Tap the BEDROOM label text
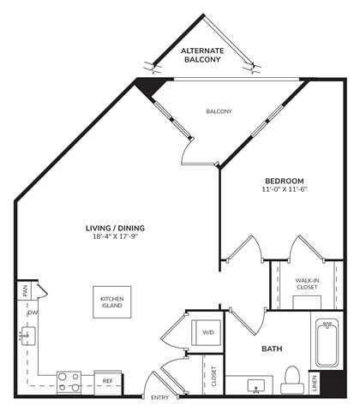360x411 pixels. click(283, 180)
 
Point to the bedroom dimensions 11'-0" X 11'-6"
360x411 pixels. click(283, 189)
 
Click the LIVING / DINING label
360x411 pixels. click(114, 227)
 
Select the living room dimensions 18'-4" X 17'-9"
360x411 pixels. click(114, 236)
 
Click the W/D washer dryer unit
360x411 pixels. click(207, 332)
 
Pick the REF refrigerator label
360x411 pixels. click(107, 379)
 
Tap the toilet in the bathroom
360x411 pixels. click(291, 379)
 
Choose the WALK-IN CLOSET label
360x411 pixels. click(308, 283)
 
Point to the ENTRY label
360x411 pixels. click(159, 398)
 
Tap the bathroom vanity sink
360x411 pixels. click(256, 385)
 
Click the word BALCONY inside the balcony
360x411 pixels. click(219, 111)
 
